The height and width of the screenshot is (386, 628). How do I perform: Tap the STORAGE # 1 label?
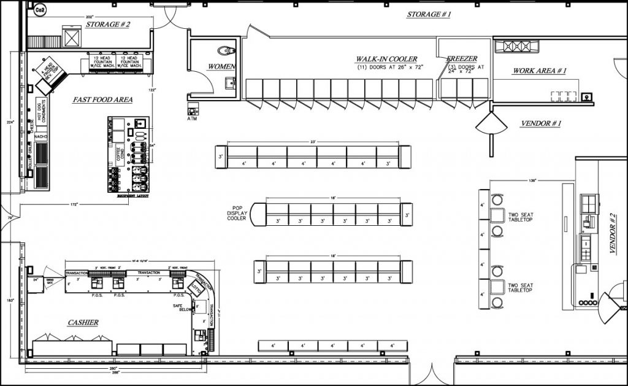pos(429,14)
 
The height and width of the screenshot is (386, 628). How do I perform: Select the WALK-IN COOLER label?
pos(386,60)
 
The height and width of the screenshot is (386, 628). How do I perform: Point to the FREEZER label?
pos(462,60)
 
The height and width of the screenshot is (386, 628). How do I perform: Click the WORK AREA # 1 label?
pos(539,71)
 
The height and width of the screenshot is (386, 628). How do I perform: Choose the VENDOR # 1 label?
pos(541,123)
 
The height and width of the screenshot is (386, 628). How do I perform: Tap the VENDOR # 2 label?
pos(613,233)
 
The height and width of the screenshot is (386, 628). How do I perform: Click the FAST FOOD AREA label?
pos(102,99)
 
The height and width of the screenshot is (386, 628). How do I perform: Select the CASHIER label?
pos(83,322)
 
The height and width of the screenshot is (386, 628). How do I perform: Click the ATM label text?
pos(193,118)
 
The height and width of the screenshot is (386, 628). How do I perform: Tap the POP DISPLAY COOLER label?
pos(237,213)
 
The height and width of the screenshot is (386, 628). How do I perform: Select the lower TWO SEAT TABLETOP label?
pos(520,287)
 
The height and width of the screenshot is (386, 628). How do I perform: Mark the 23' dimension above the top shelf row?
pos(313,142)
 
